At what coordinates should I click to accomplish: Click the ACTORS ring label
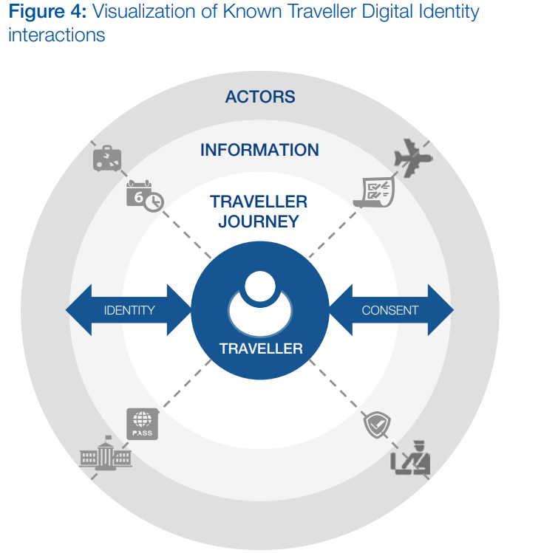coord(259,97)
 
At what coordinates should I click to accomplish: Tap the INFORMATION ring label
coord(259,150)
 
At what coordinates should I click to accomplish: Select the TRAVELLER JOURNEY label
coord(258,211)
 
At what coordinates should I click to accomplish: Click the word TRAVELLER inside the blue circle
coord(261,348)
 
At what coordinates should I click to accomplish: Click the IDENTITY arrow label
coord(129,310)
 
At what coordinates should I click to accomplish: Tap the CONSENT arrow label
coord(389,310)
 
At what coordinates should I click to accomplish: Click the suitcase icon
coord(107,158)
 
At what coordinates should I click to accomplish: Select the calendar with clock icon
coord(144,196)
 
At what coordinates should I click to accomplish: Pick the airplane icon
coord(412,157)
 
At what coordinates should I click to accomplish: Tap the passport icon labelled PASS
coord(142,425)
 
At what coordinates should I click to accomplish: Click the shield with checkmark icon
coord(377,425)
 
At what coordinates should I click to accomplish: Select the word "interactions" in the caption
coord(56,35)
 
